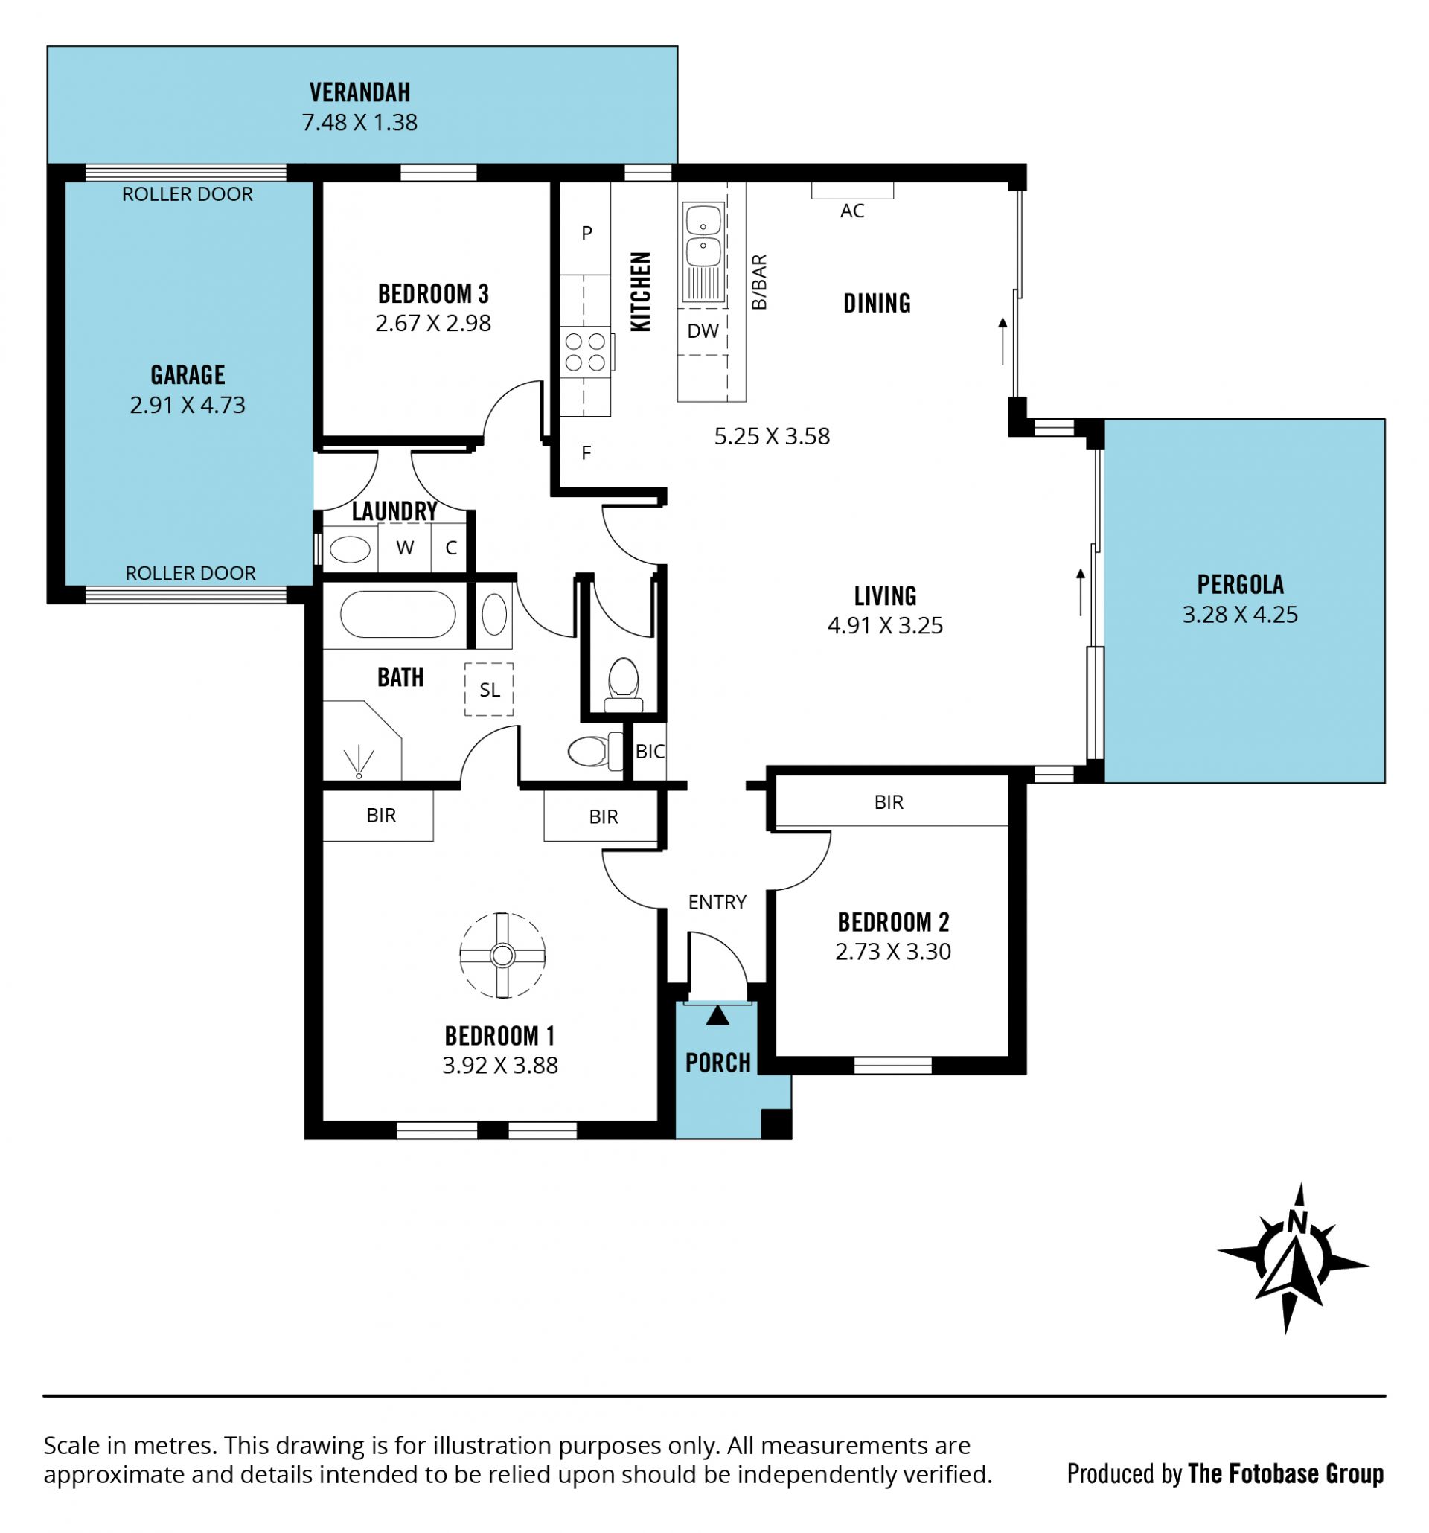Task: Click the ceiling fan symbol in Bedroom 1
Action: (502, 956)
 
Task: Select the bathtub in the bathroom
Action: (397, 614)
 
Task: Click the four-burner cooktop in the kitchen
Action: (585, 352)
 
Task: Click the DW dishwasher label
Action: (703, 331)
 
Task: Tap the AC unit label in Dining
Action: (851, 211)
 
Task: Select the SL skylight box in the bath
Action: (489, 689)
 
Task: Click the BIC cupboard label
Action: (649, 751)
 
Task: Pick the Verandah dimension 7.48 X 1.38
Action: (359, 122)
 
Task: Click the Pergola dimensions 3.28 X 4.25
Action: (1240, 614)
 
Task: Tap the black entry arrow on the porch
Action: (717, 1016)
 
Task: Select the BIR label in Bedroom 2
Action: (889, 802)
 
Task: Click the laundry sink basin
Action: (349, 549)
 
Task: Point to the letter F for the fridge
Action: (586, 452)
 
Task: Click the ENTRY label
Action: (717, 901)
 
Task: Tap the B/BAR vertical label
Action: (759, 282)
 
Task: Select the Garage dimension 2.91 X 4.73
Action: (188, 405)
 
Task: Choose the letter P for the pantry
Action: (587, 232)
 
